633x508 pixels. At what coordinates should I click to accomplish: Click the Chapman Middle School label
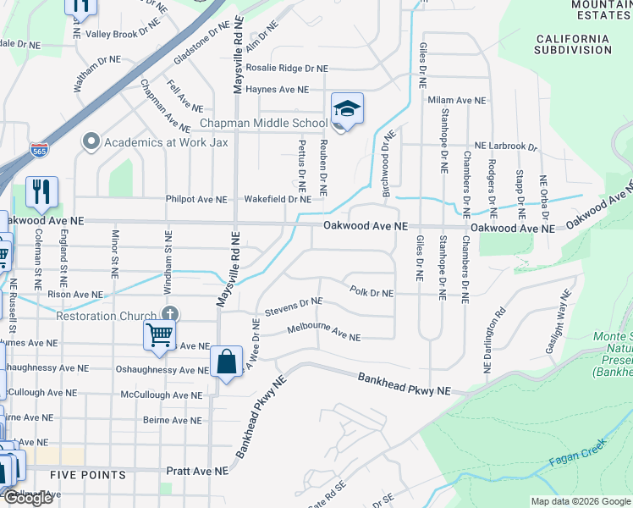coord(251,124)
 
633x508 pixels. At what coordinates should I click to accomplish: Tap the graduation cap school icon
coord(347,109)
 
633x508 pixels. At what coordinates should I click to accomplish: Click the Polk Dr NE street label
coord(372,293)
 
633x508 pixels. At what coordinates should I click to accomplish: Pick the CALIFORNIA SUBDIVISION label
coord(572,44)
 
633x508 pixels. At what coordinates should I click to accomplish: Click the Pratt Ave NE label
coord(197,470)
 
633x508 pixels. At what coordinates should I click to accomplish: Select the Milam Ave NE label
coord(457,100)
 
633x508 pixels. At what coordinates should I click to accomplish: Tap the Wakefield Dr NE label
coord(278,200)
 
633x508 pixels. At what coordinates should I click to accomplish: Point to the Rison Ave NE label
coord(74,295)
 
